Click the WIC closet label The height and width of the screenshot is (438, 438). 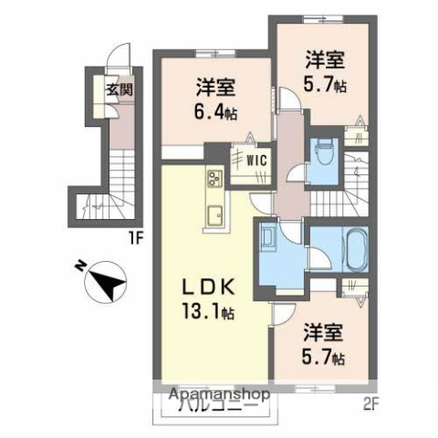coord(254,160)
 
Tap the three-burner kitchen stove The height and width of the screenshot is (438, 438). coord(214,175)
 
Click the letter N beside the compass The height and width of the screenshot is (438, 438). coord(79,265)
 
